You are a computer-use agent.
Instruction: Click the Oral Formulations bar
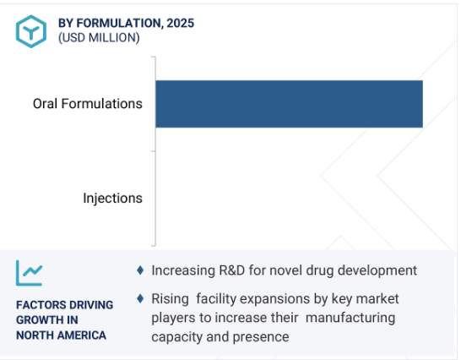[x=289, y=104]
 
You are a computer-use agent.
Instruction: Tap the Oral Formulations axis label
[x=88, y=104]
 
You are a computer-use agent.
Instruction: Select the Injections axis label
[x=112, y=198]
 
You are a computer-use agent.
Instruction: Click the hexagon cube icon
[x=31, y=31]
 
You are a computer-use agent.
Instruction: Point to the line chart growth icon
[x=29, y=273]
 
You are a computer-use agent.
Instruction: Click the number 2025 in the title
[x=181, y=24]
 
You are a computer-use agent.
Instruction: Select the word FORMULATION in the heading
[x=120, y=24]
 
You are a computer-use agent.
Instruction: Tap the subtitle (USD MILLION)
[x=99, y=38]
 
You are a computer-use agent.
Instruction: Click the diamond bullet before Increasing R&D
[x=140, y=270]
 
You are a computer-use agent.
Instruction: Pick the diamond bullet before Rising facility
[x=140, y=298]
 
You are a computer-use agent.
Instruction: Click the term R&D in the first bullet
[x=232, y=270]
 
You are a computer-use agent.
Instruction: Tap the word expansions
[x=274, y=299]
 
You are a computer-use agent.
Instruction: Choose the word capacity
[x=176, y=337]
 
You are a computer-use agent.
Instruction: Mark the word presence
[x=261, y=337]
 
